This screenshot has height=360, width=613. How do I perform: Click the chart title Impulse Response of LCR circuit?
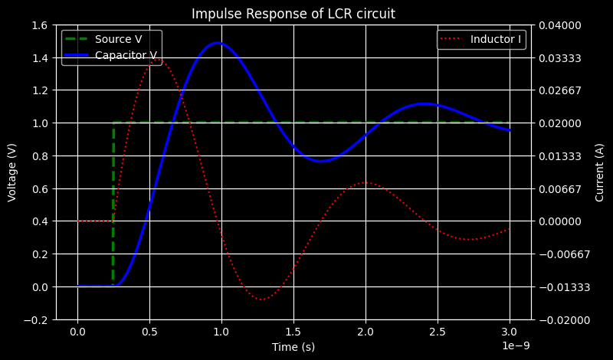point(293,14)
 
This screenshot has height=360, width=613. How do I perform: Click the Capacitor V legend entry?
point(126,55)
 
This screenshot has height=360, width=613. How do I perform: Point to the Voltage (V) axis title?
point(12,172)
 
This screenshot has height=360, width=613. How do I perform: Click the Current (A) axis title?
point(599,172)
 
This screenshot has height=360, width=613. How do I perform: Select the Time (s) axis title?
point(293,347)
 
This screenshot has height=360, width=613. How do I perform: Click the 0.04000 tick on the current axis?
point(561,25)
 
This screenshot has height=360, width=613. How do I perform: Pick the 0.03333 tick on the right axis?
point(561,58)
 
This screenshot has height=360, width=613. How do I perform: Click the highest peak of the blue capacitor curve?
point(218,43)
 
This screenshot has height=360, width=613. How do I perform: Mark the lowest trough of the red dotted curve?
point(262,299)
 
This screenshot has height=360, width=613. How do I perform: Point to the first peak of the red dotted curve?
point(161,57)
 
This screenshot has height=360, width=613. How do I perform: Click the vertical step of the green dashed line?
point(113,203)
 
